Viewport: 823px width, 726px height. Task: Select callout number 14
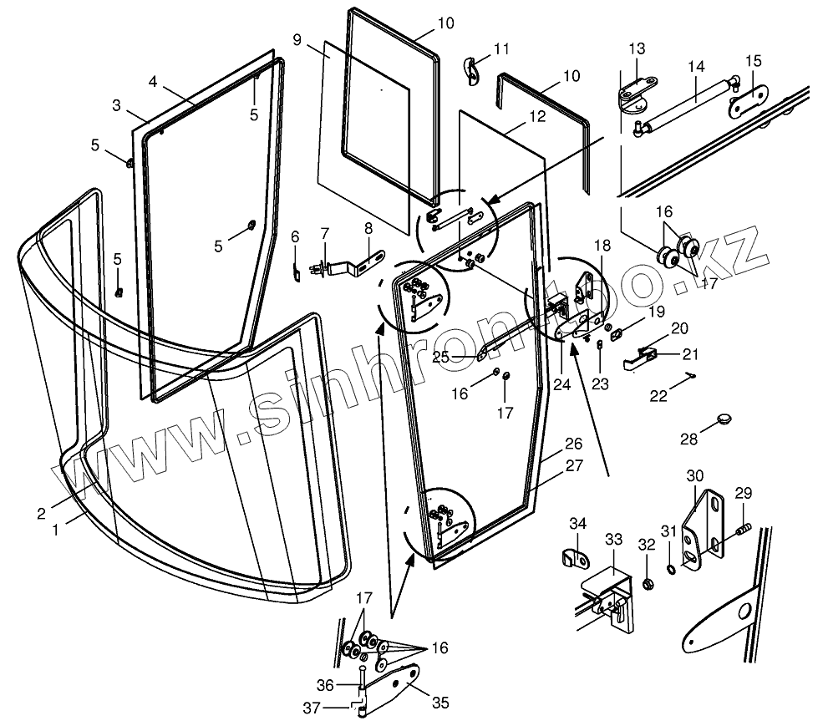[x=696, y=67]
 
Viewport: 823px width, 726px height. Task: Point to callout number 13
[x=638, y=48]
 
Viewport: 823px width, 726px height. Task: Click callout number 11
[x=501, y=48]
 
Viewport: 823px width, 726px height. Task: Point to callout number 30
[x=695, y=476]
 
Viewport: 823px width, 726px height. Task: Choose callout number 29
[x=744, y=493]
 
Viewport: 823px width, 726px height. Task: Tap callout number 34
[x=578, y=524]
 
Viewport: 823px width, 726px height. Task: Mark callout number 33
[x=614, y=539]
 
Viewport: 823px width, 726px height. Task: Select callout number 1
[x=56, y=529]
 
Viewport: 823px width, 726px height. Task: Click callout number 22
[x=659, y=396]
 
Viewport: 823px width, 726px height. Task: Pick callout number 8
[x=368, y=227]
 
